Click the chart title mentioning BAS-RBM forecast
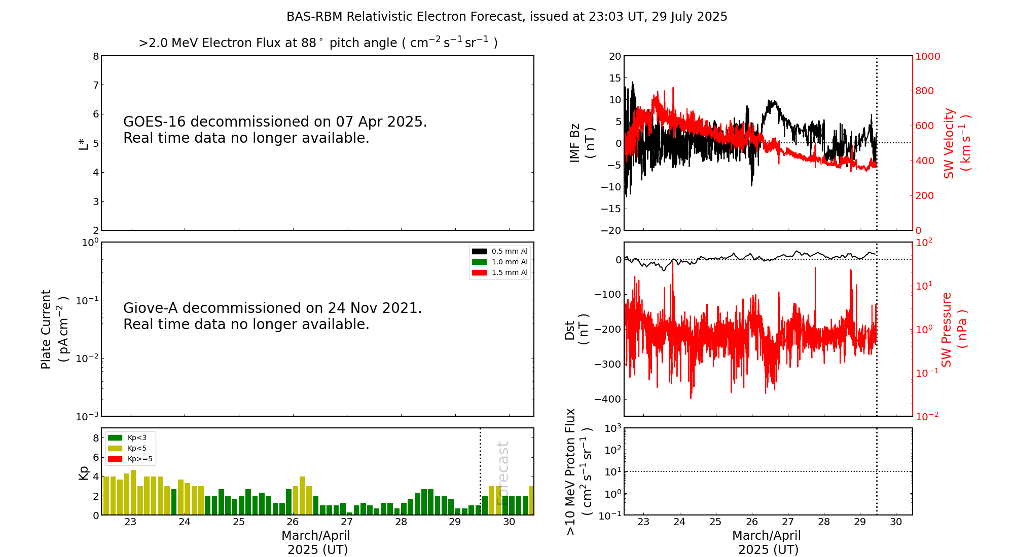coord(506,17)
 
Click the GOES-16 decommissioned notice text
coord(275,130)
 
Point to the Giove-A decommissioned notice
coord(272,316)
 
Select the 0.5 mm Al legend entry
coord(500,251)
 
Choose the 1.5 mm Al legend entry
coord(500,272)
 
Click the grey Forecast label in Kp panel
coord(502,472)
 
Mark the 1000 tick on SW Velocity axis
coord(927,56)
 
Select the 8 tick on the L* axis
coord(96,56)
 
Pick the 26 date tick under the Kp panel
coord(293,522)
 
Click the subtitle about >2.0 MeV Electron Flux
coord(318,43)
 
